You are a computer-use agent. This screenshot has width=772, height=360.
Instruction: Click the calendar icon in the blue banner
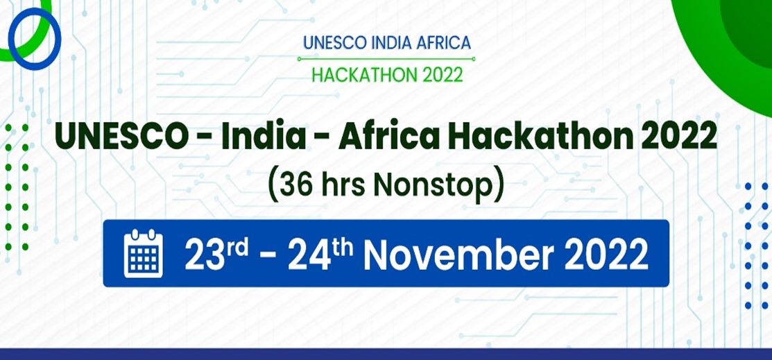coord(144,253)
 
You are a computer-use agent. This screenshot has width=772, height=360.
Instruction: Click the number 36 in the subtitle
coord(297,185)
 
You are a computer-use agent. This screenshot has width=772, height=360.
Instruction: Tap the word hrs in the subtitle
coord(343,185)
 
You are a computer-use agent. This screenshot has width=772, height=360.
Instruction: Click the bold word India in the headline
coord(264,137)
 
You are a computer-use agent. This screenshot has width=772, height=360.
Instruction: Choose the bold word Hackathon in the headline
coord(540,137)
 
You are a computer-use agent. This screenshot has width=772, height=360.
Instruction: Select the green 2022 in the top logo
coord(438,75)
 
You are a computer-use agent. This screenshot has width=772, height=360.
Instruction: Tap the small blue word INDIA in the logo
coord(391,42)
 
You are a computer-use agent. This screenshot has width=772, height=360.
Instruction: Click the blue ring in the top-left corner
coord(10,38)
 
